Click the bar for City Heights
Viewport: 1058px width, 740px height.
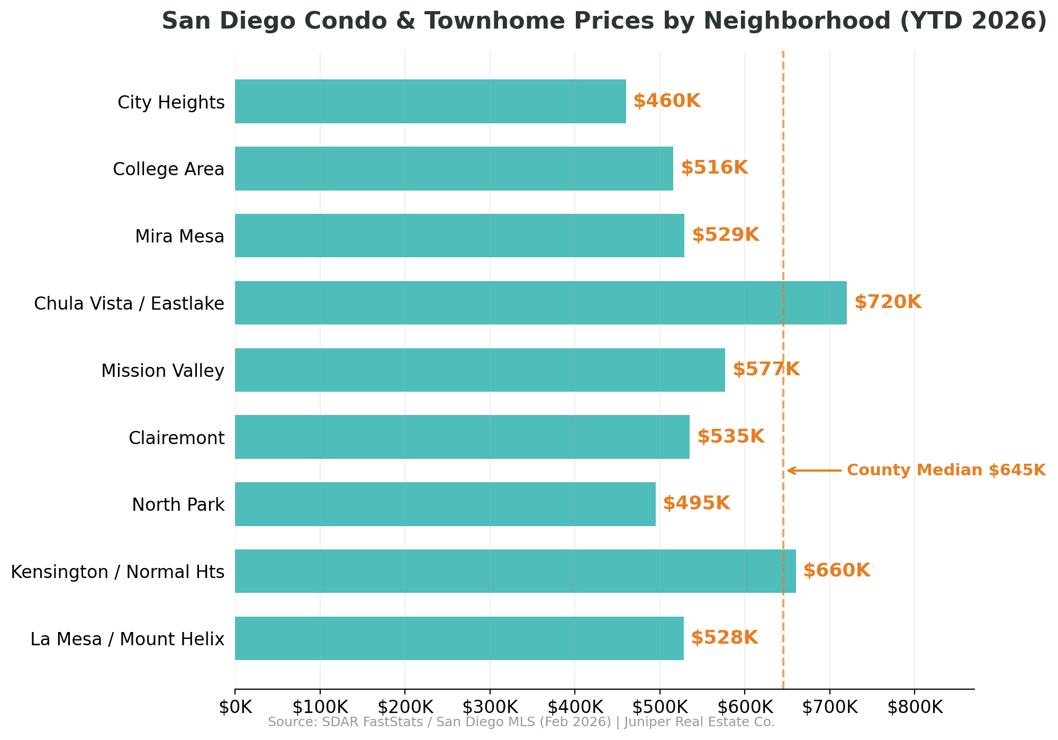pos(430,101)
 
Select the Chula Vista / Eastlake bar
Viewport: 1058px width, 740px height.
pos(540,303)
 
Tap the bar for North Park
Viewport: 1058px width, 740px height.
pos(445,504)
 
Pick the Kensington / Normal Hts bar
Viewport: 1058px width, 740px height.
pos(514,571)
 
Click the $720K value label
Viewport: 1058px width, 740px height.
pos(888,302)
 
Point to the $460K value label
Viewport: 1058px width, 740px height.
pos(666,101)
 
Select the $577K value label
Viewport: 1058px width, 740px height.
pos(766,369)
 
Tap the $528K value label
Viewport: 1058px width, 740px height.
pos(724,638)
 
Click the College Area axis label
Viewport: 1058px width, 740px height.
pos(168,169)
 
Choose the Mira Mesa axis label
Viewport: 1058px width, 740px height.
pos(179,237)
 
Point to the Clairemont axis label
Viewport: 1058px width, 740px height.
pos(176,438)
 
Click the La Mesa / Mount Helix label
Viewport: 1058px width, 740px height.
pos(127,639)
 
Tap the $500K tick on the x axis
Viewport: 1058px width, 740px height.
pos(659,708)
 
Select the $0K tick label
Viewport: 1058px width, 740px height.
pos(234,708)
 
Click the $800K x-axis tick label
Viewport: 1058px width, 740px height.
pos(914,708)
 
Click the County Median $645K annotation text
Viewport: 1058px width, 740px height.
pos(946,470)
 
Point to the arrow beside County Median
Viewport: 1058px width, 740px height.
pos(813,470)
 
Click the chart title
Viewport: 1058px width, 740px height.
pos(604,21)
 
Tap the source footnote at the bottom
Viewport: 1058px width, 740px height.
pos(521,723)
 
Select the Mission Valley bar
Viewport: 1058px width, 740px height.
pos(480,370)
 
